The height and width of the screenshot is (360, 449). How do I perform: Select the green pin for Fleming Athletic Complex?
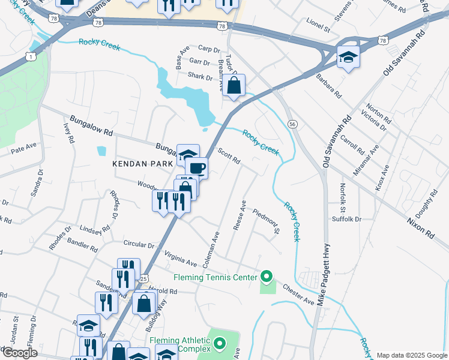[x=220, y=344]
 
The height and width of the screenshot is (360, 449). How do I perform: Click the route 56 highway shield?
[x=292, y=124]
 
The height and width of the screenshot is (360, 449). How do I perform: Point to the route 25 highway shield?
[x=143, y=278]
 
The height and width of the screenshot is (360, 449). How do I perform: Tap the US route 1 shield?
[x=30, y=56]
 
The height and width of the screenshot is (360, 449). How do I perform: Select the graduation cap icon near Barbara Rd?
[x=348, y=57]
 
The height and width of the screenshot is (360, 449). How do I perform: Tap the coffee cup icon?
[x=197, y=167]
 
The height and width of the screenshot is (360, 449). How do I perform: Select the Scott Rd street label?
[x=229, y=157]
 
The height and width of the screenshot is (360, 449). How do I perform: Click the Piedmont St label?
[x=267, y=221]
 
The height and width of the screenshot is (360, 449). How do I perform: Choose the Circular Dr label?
[x=139, y=245]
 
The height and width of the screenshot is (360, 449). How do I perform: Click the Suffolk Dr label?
[x=346, y=219]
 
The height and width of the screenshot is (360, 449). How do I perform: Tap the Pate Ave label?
[x=24, y=146]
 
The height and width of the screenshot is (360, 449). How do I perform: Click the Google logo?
[x=19, y=353]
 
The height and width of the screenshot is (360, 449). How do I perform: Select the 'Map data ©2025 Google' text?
[x=411, y=355]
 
